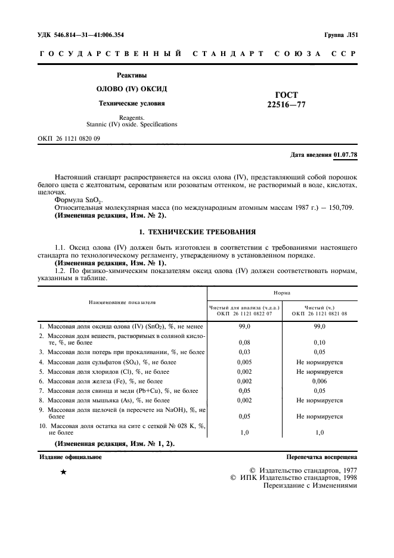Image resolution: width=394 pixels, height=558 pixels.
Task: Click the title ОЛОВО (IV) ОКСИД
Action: pyautogui.click(x=131, y=89)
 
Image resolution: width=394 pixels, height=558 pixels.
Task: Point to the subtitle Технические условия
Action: pyautogui.click(x=131, y=103)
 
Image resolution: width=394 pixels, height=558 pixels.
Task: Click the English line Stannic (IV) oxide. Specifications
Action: pyautogui.click(x=131, y=125)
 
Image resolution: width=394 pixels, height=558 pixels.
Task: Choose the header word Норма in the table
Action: pyautogui.click(x=282, y=294)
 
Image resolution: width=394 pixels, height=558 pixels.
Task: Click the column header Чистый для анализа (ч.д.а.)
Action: pyautogui.click(x=244, y=308)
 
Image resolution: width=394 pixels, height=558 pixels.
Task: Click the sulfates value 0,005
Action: pyautogui.click(x=244, y=362)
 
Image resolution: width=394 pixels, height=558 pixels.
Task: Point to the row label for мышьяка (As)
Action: pyautogui.click(x=104, y=401)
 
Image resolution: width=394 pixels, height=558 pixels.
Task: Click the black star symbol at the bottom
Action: pyautogui.click(x=63, y=473)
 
